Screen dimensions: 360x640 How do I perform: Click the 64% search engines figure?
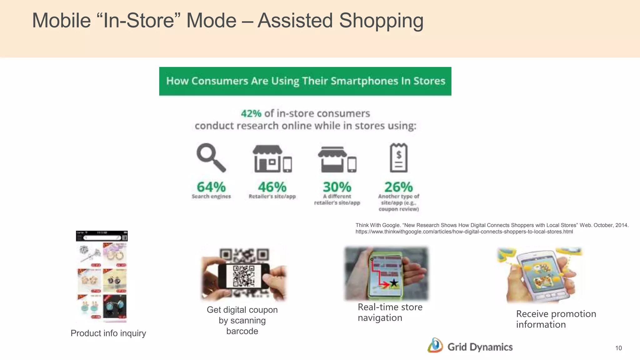(211, 187)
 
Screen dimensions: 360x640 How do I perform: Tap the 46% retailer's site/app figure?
(272, 187)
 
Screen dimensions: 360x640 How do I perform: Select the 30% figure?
(337, 187)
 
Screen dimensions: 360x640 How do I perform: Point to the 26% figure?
(398, 187)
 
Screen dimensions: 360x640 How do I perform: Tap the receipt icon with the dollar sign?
(398, 158)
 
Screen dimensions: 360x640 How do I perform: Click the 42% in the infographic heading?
(251, 113)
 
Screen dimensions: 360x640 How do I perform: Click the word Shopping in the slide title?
(381, 21)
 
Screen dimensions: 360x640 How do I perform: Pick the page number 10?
(618, 348)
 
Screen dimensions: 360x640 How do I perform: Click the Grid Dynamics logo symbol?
(435, 346)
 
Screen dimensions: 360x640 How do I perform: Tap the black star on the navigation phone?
(394, 283)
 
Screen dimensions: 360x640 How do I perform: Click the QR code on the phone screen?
(244, 276)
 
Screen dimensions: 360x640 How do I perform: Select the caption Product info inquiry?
(108, 333)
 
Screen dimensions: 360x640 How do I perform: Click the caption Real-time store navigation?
(390, 312)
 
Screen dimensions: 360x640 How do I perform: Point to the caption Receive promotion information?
(556, 319)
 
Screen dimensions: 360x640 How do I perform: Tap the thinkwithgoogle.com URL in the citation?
(464, 232)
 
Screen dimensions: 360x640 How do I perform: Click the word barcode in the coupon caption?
(242, 331)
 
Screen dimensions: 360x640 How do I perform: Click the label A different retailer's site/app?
(337, 200)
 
